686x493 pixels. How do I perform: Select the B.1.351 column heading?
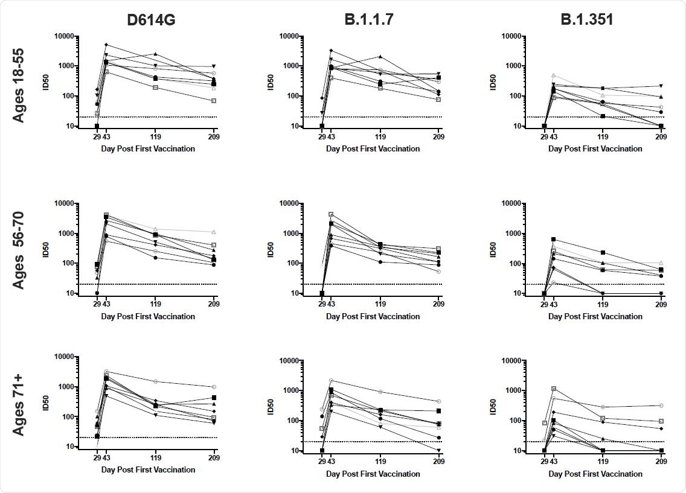[x=586, y=19]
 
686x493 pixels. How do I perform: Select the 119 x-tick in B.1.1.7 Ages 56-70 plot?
[x=380, y=305]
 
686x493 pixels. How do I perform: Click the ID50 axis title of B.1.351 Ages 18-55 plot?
[x=494, y=81]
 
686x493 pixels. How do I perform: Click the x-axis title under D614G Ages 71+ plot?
[x=148, y=469]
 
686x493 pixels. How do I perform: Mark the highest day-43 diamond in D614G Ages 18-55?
[x=106, y=45]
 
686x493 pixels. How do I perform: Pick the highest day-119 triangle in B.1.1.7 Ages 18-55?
[x=380, y=56]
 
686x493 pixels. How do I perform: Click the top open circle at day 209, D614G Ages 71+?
[x=214, y=387]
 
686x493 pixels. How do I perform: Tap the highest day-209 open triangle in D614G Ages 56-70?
[x=214, y=232]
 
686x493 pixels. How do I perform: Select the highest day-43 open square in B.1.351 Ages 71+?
[x=553, y=389]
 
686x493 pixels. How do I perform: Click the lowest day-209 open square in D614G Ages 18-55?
[x=214, y=101]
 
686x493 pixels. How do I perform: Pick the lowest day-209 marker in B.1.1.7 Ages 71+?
[x=438, y=450]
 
